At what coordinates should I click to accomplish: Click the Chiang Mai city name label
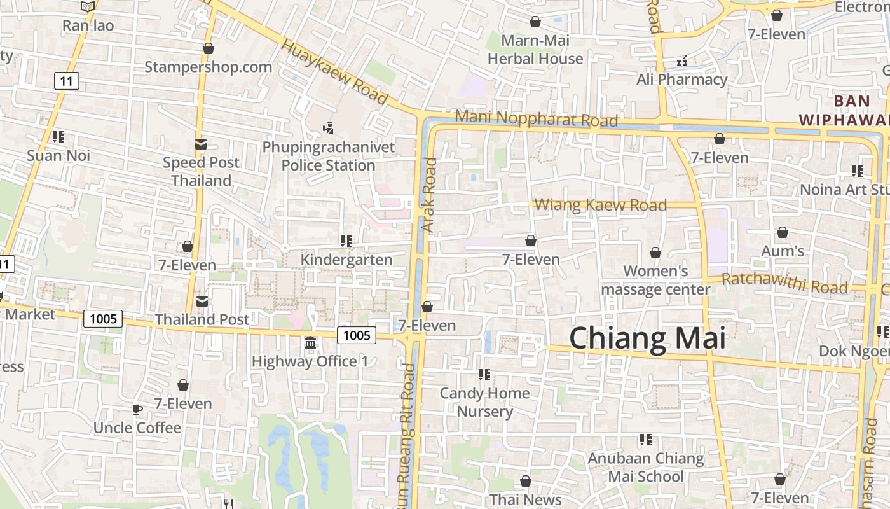[647, 338]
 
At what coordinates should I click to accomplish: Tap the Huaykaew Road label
[334, 73]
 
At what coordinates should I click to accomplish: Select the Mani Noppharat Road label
[537, 119]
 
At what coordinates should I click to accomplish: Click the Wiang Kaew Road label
[600, 205]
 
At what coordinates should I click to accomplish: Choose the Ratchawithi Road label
[784, 283]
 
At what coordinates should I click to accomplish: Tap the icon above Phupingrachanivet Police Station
[329, 129]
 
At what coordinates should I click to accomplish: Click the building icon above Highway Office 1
[310, 343]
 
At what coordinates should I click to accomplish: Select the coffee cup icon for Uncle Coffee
[137, 409]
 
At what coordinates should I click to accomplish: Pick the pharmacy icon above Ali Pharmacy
[682, 61]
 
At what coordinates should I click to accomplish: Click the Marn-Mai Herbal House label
[535, 50]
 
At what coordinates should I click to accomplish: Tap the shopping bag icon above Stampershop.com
[208, 48]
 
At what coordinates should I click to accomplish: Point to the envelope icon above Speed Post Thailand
[201, 144]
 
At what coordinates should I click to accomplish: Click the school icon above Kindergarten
[346, 241]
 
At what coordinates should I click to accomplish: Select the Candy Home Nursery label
[485, 402]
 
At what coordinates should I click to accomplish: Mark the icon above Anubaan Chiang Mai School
[646, 440]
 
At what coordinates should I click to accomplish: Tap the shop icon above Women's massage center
[655, 253]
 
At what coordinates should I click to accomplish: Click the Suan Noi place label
[58, 155]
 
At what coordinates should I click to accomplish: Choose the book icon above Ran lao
[88, 7]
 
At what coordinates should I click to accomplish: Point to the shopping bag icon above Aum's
[783, 233]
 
